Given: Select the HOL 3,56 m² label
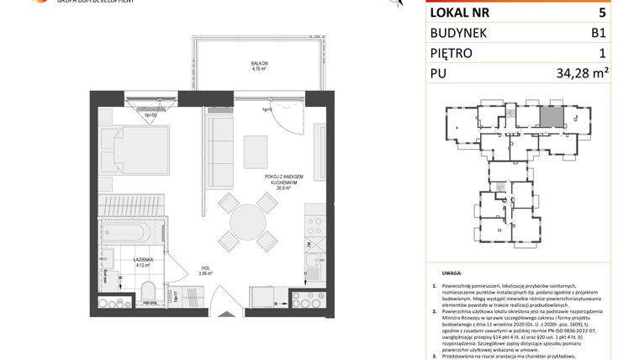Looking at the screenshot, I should pyautogui.click(x=204, y=271).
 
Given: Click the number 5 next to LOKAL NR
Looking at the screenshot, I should pyautogui.click(x=601, y=13).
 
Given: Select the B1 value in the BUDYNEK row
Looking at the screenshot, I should pyautogui.click(x=598, y=33).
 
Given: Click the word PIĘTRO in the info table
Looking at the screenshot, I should pyautogui.click(x=452, y=54).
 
